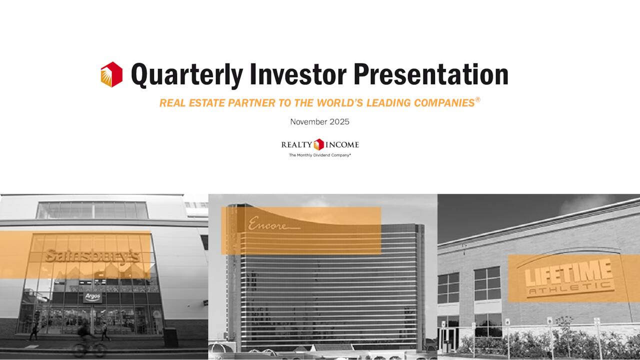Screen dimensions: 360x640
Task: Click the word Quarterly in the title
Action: (x=187, y=75)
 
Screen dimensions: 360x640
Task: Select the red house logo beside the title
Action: (x=111, y=74)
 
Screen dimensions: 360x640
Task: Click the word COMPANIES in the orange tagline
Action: (x=442, y=103)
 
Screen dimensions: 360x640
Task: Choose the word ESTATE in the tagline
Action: (x=206, y=103)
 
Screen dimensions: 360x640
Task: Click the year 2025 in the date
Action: (x=339, y=122)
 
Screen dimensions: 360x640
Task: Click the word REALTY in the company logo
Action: (x=296, y=145)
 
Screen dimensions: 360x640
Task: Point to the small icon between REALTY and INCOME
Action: (x=319, y=144)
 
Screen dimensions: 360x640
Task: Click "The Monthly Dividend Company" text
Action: (x=320, y=155)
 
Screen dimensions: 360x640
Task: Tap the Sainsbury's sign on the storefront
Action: (x=92, y=256)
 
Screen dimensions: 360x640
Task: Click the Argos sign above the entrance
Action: (x=92, y=297)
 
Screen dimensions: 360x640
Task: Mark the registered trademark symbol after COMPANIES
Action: (x=477, y=100)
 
